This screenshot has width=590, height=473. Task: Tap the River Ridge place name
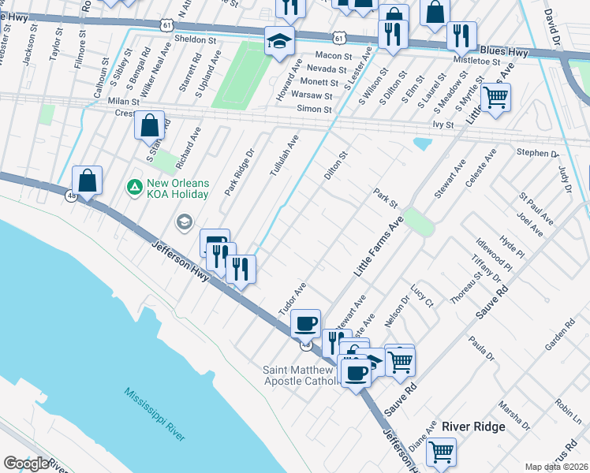473,426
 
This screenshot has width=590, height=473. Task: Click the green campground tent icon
134,188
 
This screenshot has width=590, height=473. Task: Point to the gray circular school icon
185,223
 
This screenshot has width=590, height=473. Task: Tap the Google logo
27,464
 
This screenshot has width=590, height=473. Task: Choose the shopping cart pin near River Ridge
441,452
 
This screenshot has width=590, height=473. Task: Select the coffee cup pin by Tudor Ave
305,322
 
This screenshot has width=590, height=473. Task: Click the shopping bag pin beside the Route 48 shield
88,180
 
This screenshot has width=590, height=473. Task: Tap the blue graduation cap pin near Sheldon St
278,39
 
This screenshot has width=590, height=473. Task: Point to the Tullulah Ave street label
282,155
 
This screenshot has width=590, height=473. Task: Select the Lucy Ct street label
422,296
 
